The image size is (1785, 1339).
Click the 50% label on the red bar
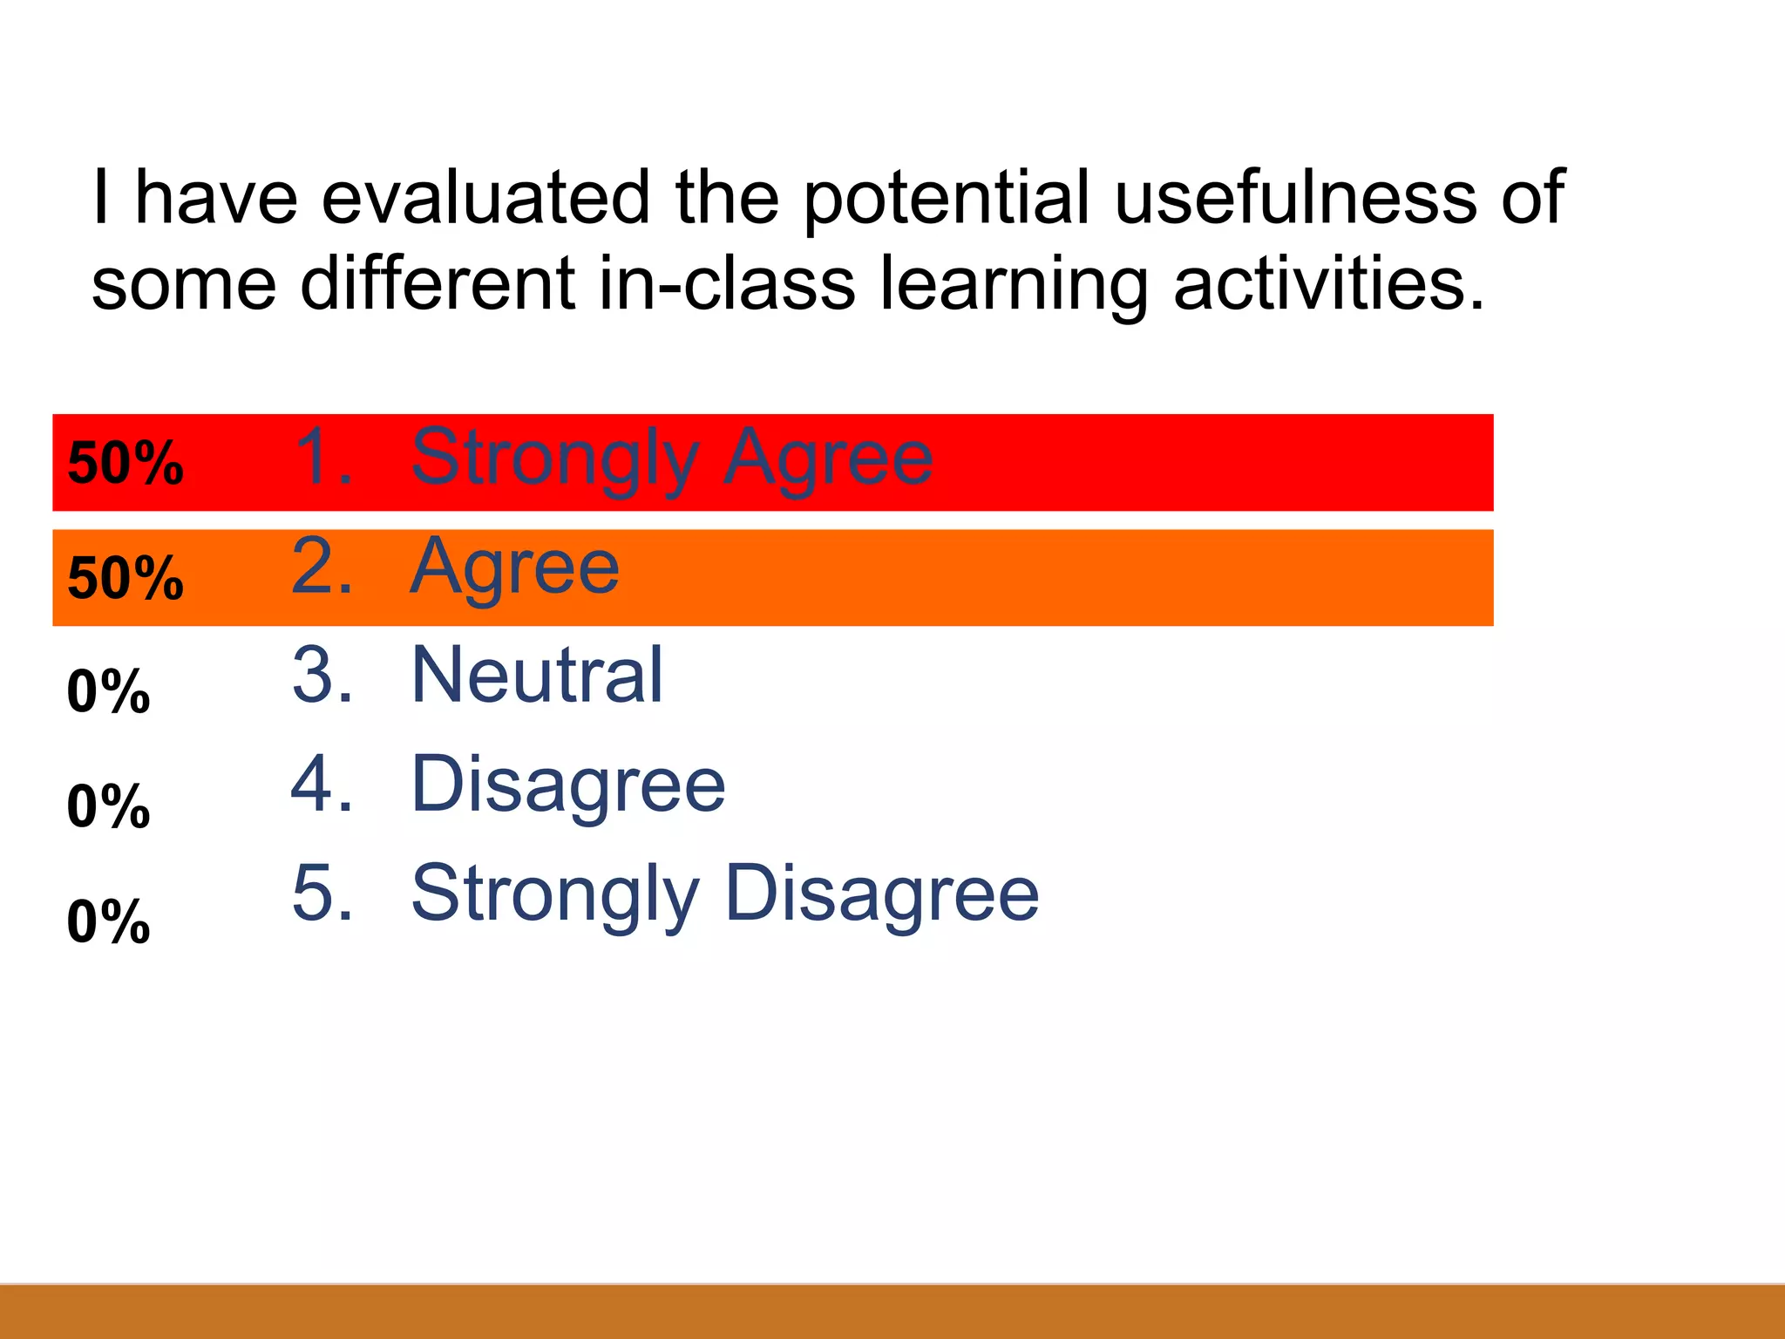click(x=126, y=463)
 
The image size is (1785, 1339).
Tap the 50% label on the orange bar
click(x=126, y=578)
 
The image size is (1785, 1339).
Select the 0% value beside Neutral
click(x=108, y=692)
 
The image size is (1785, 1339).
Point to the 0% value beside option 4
click(x=108, y=806)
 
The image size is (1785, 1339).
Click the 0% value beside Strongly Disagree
click(x=108, y=921)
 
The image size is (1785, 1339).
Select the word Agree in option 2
click(x=514, y=568)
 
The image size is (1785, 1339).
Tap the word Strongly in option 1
click(x=555, y=459)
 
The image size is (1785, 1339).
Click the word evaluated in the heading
click(x=485, y=197)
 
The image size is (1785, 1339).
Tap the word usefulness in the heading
click(x=1295, y=197)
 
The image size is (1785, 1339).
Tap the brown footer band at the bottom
click(x=892, y=1312)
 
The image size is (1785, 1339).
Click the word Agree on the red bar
click(x=828, y=459)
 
